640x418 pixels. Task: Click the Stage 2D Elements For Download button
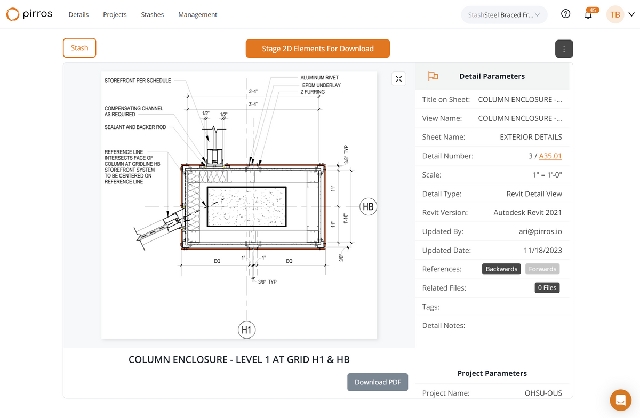point(318,49)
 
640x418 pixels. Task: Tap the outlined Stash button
point(79,47)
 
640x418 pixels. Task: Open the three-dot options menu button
point(564,49)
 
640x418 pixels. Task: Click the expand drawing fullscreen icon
point(398,79)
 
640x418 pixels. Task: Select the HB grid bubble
point(368,206)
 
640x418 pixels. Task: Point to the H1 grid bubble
point(246,330)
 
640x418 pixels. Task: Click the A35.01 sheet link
point(550,156)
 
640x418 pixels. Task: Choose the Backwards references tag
point(501,269)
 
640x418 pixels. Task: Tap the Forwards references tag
point(542,269)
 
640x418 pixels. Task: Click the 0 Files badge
point(547,288)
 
